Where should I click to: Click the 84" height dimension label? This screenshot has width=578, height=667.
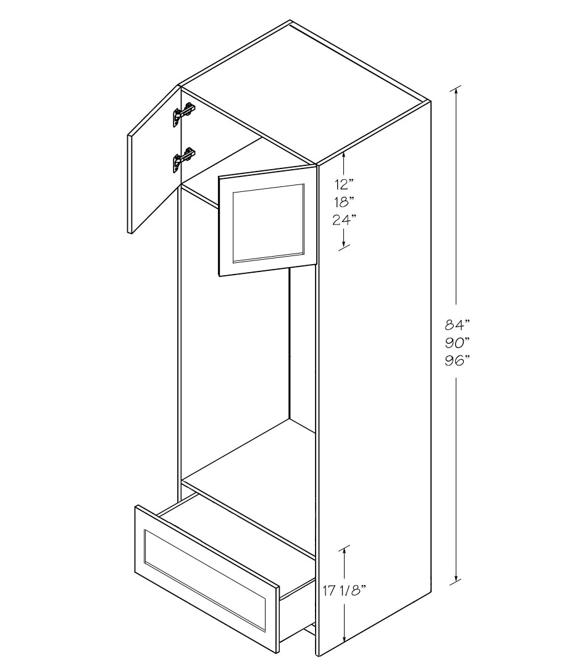456,325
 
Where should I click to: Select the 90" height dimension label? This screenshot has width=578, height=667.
456,343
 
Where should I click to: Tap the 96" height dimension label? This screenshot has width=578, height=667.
456,361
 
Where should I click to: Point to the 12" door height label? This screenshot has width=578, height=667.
345,184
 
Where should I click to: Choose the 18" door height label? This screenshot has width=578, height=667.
345,202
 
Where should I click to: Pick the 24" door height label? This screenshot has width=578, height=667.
345,220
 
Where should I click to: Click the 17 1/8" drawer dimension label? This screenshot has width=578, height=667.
344,591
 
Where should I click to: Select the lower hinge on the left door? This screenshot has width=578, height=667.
183,160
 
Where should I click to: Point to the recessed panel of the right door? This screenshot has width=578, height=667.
269,223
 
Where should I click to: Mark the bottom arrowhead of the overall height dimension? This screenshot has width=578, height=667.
456,577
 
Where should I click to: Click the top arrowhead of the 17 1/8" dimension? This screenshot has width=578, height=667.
344,550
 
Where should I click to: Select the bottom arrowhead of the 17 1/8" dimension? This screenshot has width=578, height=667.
344,636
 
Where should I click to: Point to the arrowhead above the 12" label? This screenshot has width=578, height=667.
344,157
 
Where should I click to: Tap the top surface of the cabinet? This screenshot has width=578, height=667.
304,92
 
